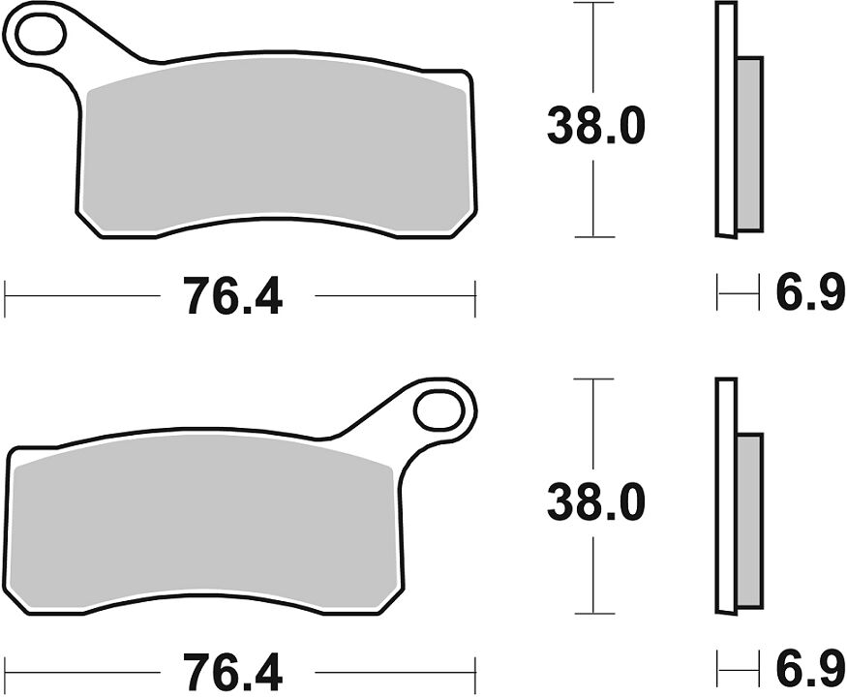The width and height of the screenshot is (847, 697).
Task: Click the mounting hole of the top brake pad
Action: click(x=41, y=34)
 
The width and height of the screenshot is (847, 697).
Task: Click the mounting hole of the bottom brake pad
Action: click(x=439, y=410)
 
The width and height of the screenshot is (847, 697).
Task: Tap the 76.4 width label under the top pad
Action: click(x=232, y=295)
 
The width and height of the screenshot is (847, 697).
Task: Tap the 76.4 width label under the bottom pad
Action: click(x=232, y=672)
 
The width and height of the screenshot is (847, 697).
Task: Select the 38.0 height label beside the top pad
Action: click(x=595, y=126)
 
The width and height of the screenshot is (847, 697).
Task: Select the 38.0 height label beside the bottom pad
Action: click(x=595, y=502)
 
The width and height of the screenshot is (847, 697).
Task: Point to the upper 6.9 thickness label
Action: click(x=810, y=292)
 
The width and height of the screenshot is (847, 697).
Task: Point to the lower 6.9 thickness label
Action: click(x=810, y=670)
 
